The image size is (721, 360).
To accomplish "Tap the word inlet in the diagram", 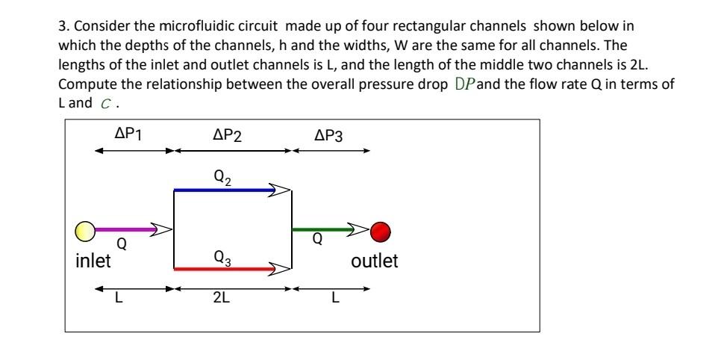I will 93,261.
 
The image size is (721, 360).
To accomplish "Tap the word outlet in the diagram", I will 375,261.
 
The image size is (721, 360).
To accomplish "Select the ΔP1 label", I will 128,134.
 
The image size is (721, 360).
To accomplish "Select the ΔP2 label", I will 227,135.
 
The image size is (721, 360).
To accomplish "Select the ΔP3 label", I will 329,135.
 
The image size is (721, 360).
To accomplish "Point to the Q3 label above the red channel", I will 222,257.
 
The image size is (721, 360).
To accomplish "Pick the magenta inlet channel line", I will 123,229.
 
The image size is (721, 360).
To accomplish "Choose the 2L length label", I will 221,299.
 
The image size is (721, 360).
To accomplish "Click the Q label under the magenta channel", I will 121,243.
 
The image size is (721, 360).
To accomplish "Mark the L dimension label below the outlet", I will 335,299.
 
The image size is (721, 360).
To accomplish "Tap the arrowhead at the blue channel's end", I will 280,190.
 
